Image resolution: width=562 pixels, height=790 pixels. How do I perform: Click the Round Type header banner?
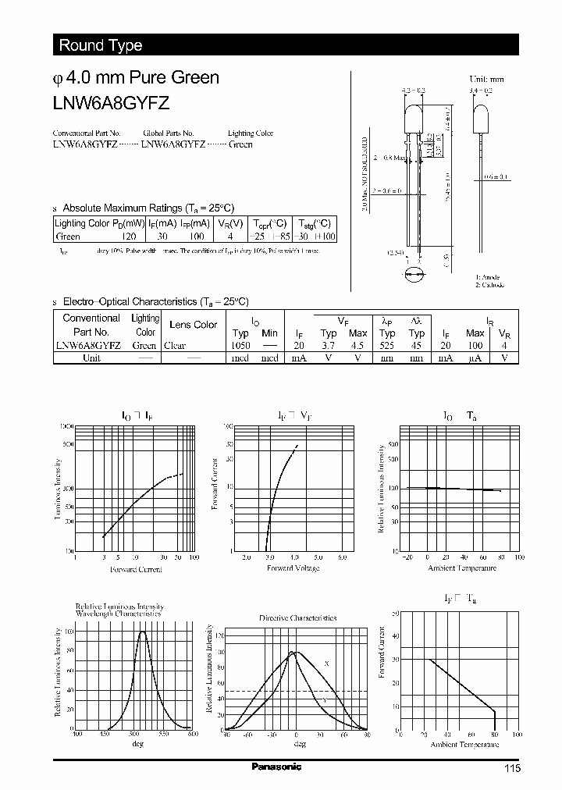(101, 45)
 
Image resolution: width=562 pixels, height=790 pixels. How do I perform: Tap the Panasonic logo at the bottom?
(276, 767)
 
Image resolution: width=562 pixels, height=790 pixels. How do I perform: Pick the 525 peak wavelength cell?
(388, 345)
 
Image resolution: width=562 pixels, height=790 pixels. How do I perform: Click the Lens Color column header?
(194, 325)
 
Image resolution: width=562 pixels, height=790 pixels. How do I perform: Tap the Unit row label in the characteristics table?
(91, 358)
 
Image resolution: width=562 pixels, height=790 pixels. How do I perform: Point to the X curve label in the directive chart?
(326, 663)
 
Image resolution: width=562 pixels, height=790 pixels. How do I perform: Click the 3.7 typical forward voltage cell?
(329, 345)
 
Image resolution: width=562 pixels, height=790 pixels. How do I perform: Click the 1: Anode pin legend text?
(489, 278)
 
